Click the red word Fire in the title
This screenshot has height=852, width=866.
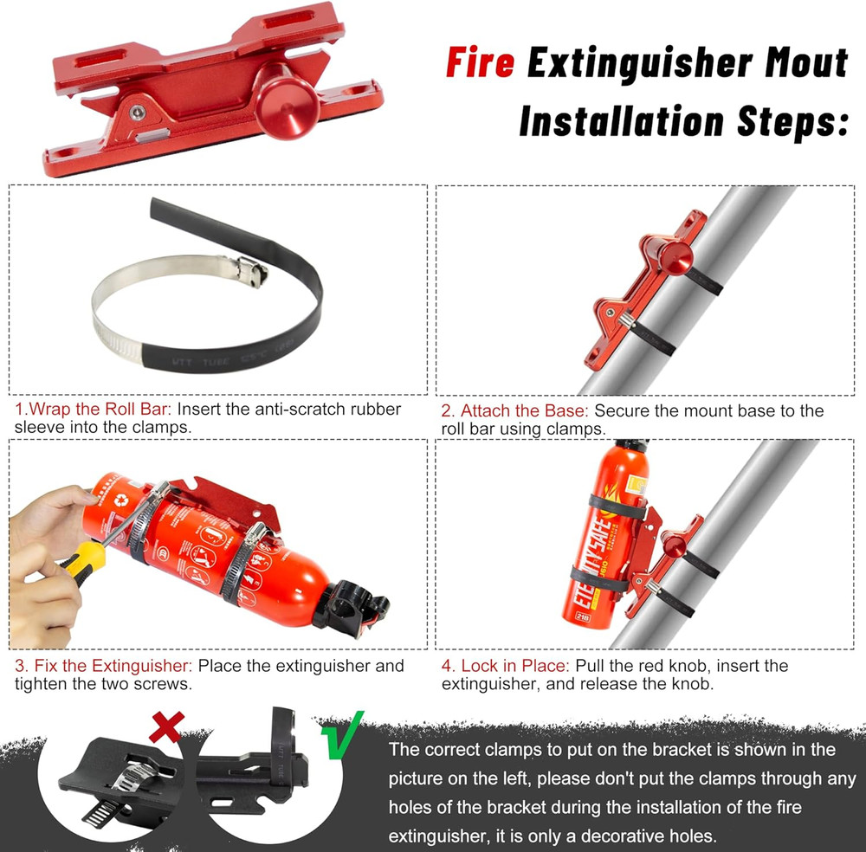point(481,64)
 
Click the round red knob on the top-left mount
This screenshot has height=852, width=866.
point(287,89)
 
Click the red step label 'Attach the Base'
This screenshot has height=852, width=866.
point(524,410)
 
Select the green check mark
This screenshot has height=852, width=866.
point(334,734)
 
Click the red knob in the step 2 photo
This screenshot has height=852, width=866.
point(675,256)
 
